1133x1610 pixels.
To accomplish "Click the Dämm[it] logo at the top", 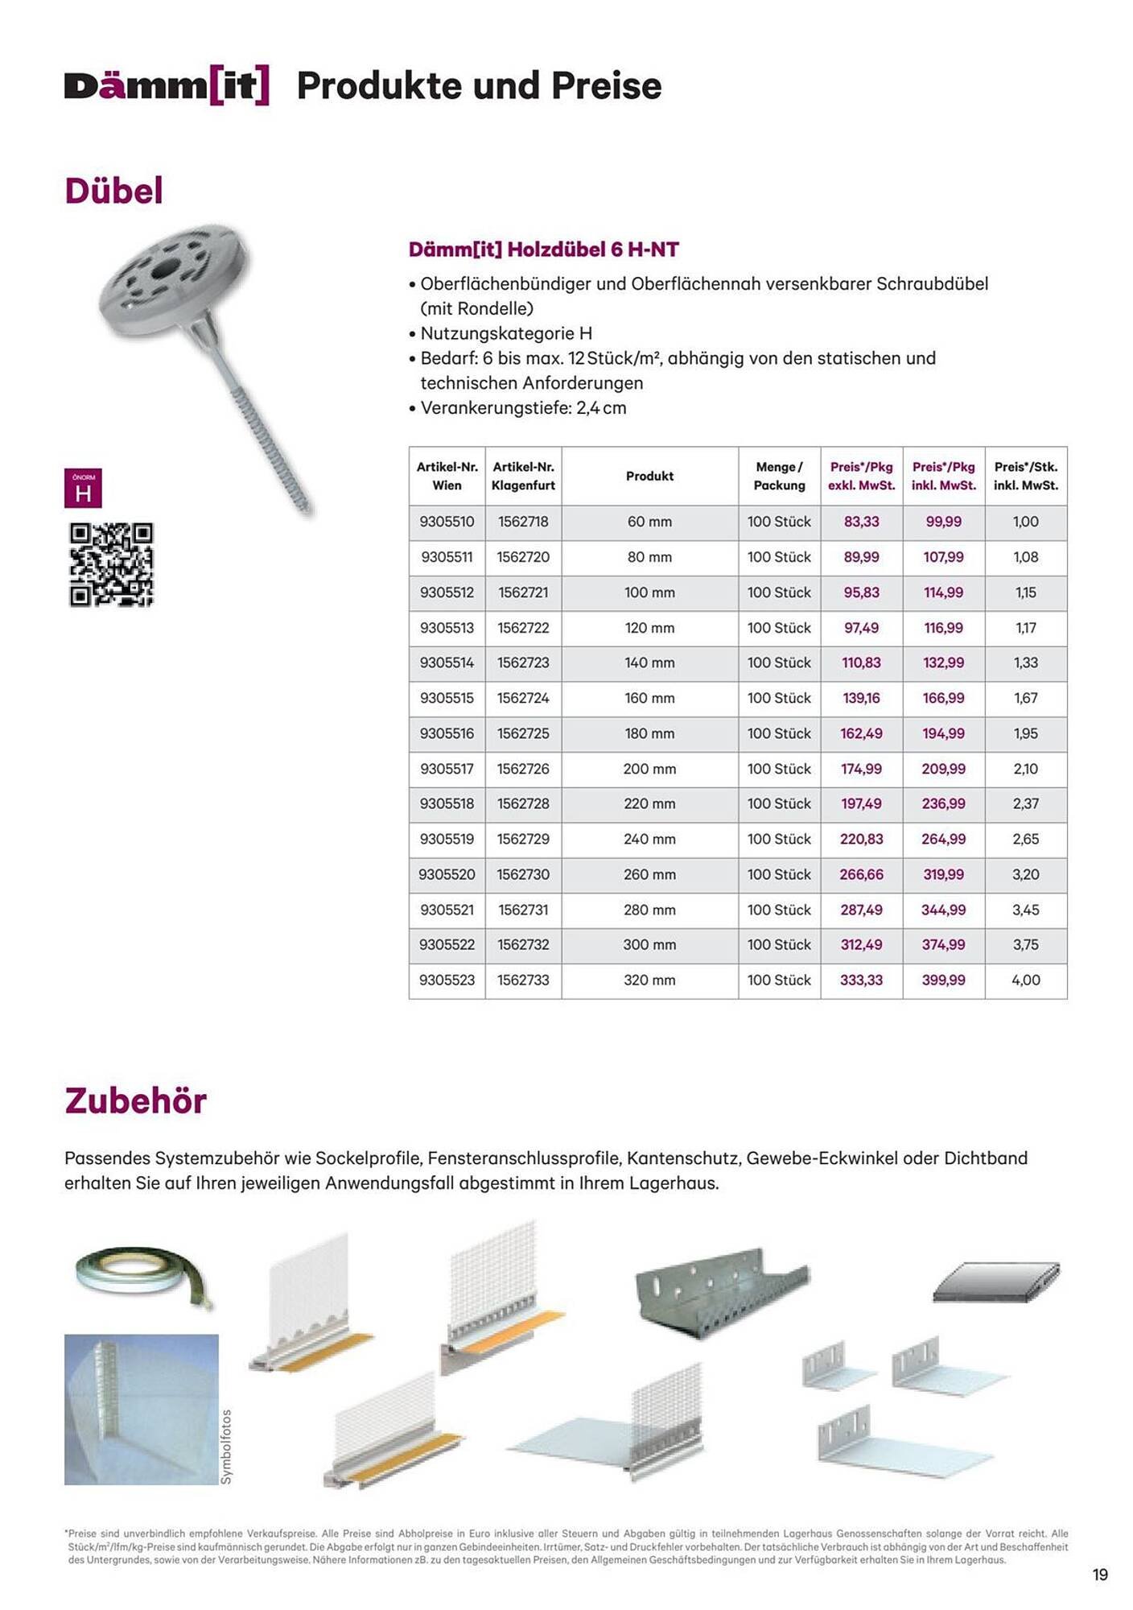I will (x=167, y=86).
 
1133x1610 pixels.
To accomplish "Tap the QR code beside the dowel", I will (x=111, y=563).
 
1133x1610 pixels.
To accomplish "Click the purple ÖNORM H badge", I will (x=83, y=488).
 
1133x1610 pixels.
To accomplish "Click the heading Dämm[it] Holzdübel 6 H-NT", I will (x=543, y=250).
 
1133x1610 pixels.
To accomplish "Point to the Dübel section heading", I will (x=113, y=191).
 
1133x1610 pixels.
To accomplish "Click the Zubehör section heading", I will (x=135, y=1100).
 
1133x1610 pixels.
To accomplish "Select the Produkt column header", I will (x=649, y=476).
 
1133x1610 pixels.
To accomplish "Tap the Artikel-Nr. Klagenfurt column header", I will (x=523, y=476).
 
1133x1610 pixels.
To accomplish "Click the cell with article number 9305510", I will (x=447, y=522).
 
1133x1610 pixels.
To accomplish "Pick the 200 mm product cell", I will (x=649, y=769).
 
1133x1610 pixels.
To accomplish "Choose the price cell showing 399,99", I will (x=943, y=980).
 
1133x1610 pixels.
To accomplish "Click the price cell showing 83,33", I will (x=861, y=522).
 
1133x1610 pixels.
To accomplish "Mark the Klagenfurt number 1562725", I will (x=523, y=733).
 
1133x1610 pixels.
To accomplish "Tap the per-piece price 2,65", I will (x=1025, y=839).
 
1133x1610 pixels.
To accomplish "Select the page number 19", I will (x=1100, y=1575).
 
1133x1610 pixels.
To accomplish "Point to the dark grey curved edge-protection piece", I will (x=996, y=1281).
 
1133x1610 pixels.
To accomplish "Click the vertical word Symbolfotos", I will (x=226, y=1446).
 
